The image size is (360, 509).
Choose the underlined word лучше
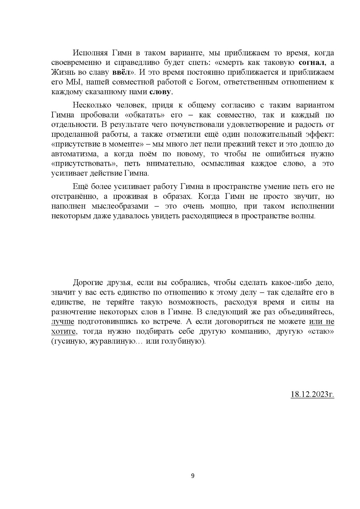[x=63, y=322]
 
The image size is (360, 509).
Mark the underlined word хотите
[x=63, y=331]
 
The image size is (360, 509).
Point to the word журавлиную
[x=111, y=341]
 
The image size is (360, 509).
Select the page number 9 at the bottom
[x=193, y=476]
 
